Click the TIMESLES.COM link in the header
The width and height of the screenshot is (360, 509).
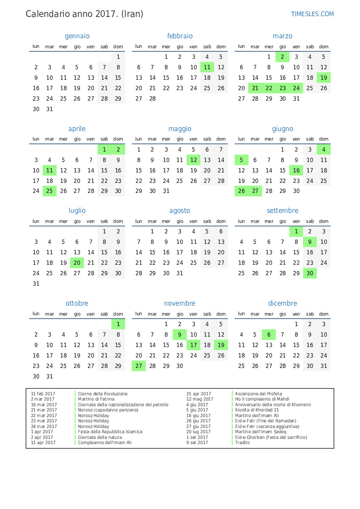(312, 14)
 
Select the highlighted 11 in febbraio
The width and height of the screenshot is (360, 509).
(207, 67)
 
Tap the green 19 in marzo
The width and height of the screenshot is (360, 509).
(323, 78)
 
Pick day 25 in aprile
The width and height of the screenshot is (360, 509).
(50, 191)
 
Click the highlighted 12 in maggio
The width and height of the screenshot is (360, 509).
(194, 160)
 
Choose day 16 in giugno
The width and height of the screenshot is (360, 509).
(296, 171)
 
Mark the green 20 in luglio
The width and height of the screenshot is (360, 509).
(77, 263)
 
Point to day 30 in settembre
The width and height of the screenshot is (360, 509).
(310, 273)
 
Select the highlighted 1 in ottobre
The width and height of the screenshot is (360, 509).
(118, 324)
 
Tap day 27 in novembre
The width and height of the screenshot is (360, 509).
(139, 366)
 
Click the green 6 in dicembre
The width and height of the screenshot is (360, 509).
(269, 335)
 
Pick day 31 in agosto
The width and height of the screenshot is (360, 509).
(180, 273)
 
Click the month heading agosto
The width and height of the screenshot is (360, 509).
(180, 211)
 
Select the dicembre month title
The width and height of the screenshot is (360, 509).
(283, 303)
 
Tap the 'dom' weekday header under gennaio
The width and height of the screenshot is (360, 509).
(118, 47)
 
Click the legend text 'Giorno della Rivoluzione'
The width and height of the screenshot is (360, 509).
(103, 394)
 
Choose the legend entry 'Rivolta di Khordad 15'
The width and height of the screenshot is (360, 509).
(257, 410)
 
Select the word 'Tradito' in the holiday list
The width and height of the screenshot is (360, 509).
(242, 443)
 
